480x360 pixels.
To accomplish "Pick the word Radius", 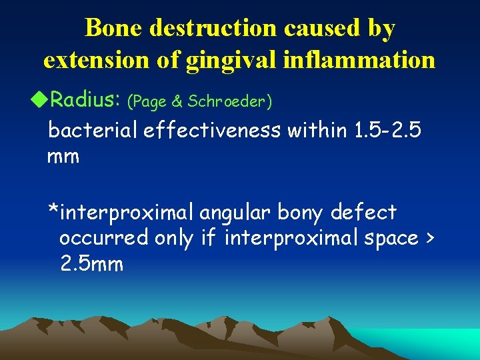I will (85, 101).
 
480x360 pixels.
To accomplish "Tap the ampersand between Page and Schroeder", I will (179, 101).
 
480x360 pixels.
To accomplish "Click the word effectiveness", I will (213, 131).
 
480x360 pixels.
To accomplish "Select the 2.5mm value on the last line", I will (91, 264).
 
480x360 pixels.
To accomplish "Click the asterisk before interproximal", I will (53, 211).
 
